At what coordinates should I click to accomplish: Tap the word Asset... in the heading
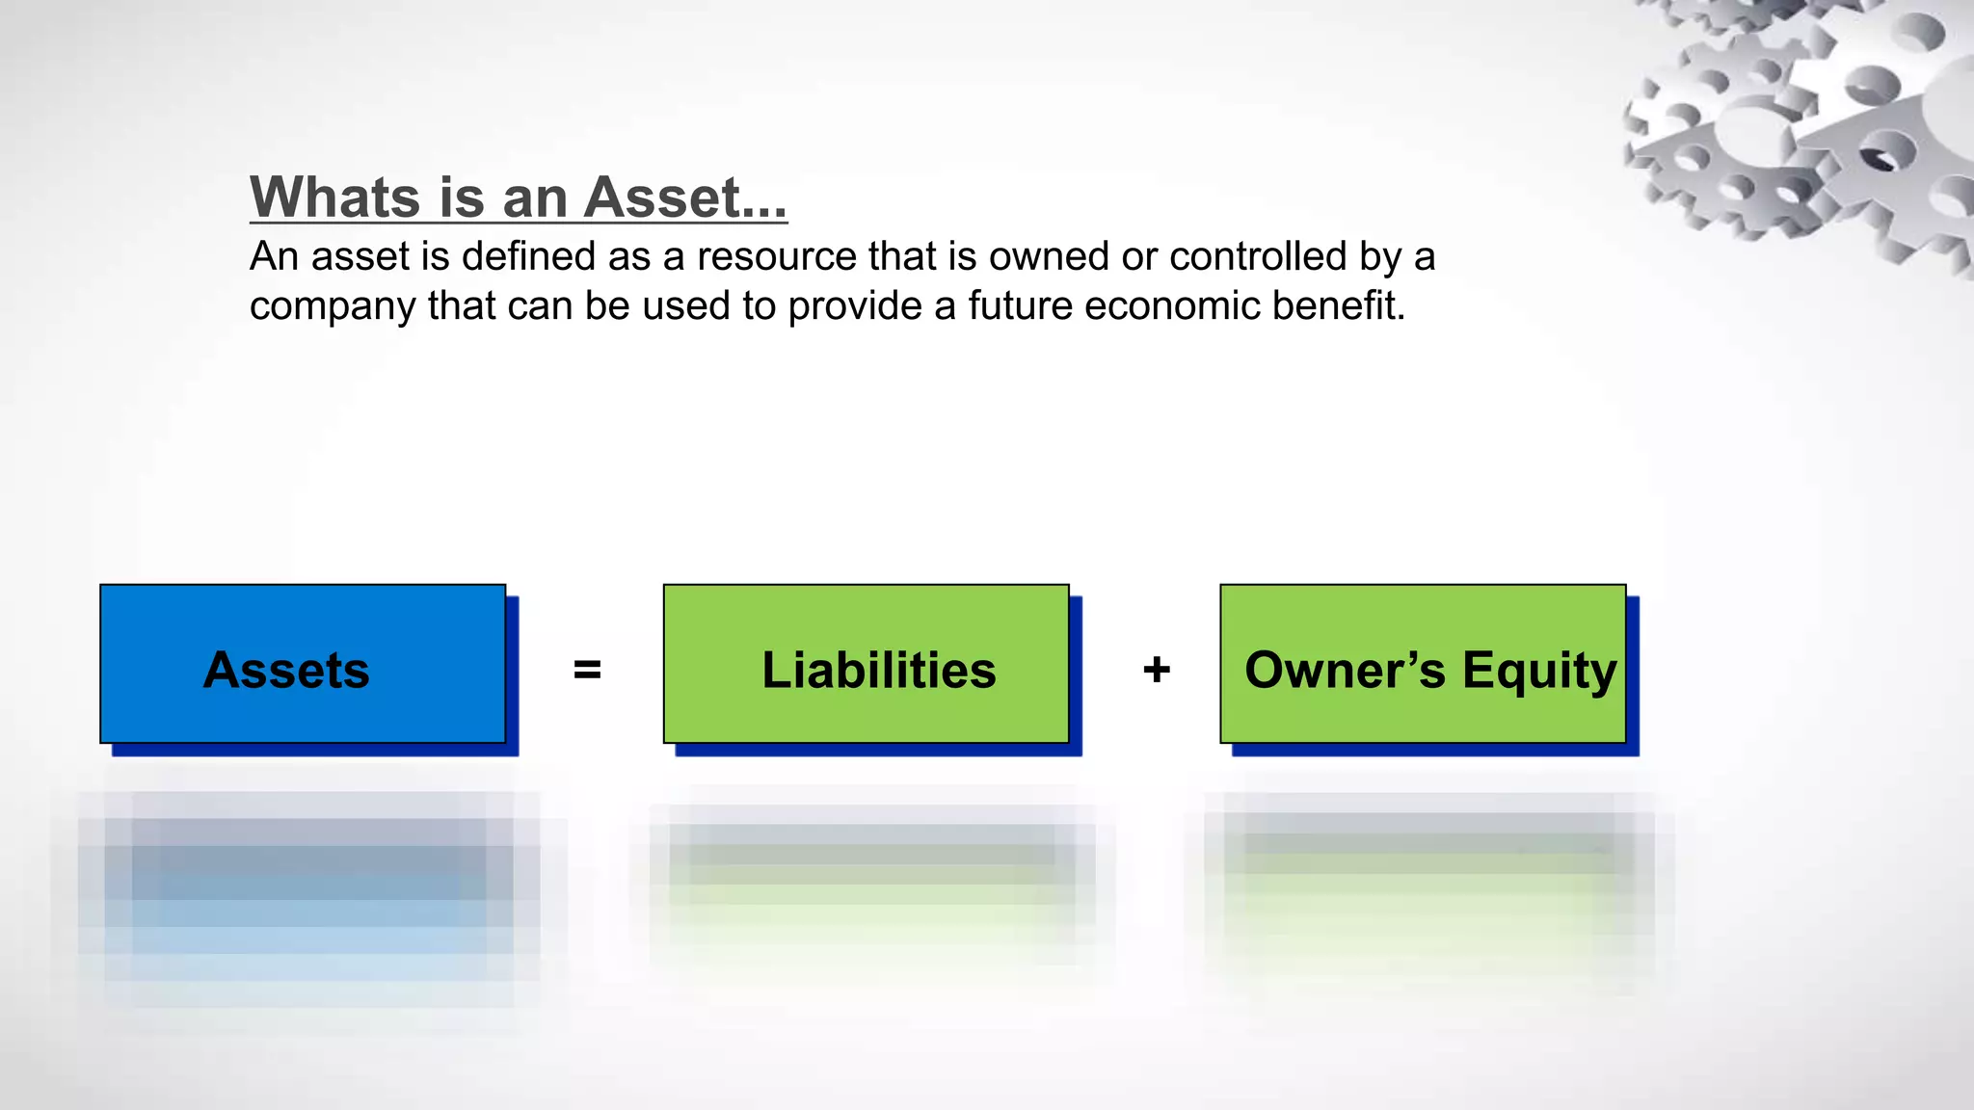685,198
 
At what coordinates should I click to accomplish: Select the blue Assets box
303,664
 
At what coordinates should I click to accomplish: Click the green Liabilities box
866,664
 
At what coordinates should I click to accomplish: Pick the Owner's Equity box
1423,664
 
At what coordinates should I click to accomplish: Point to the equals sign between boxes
587,670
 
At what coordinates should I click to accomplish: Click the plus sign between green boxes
1157,670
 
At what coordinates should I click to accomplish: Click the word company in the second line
333,307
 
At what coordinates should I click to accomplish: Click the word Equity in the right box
1539,672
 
